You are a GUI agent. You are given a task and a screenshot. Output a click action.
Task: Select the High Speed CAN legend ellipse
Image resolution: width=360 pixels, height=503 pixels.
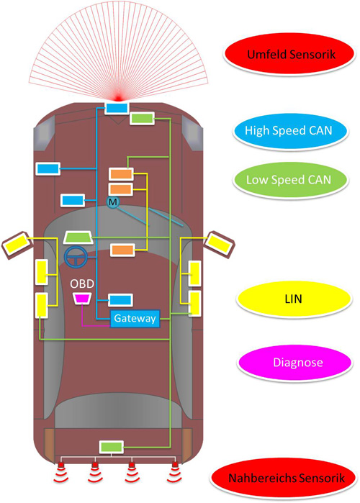point(290,130)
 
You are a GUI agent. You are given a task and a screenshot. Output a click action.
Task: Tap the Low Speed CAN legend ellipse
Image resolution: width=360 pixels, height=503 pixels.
point(290,180)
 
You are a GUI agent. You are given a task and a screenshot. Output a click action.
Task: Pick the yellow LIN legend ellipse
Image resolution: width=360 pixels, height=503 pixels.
point(294,299)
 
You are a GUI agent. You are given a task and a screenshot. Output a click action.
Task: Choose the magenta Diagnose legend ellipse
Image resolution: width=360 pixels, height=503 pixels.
point(294,362)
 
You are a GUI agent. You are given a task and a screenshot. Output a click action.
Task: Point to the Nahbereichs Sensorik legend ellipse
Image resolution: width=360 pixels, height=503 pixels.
point(283,478)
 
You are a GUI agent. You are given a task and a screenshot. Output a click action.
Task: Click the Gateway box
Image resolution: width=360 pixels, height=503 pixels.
point(135,318)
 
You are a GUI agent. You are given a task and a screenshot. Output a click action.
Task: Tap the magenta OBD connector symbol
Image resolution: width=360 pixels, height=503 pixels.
point(83,299)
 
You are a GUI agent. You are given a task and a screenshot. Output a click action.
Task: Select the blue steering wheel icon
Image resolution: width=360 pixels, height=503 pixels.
point(76,257)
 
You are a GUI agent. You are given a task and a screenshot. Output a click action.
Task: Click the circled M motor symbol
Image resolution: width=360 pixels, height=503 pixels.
point(112,202)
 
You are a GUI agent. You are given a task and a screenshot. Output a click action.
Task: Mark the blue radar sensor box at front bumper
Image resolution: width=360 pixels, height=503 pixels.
point(117,108)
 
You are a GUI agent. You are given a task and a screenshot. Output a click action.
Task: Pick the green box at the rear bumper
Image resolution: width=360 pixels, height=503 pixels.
point(111,447)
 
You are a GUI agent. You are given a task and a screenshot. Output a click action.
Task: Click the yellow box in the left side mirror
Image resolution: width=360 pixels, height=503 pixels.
point(17,245)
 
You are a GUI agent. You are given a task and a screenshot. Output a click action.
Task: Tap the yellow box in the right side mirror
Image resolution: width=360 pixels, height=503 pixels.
point(219,245)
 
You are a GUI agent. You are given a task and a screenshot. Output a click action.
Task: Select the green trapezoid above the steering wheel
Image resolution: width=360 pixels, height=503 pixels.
point(78,237)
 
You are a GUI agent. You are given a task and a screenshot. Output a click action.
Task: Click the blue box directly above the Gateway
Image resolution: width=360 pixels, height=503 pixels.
point(120,300)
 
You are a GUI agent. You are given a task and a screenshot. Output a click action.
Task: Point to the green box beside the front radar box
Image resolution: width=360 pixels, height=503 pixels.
point(142,118)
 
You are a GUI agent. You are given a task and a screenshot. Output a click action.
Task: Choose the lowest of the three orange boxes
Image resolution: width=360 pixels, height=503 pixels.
point(122,250)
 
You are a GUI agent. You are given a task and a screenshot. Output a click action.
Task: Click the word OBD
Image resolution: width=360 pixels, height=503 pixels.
point(82,284)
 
